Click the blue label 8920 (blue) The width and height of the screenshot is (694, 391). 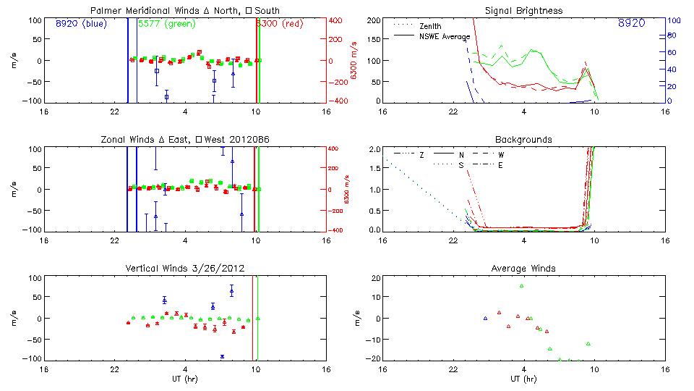pos(81,24)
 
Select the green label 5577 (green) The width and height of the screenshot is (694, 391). pos(163,24)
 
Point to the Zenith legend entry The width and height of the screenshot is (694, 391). pos(430,26)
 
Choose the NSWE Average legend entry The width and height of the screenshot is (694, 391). pos(444,36)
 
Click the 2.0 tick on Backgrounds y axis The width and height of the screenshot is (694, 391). pos(373,149)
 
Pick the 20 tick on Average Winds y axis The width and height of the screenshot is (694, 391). pos(375,279)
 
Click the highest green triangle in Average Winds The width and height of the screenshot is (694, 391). pos(521,286)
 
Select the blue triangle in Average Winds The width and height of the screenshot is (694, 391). pos(486,318)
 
